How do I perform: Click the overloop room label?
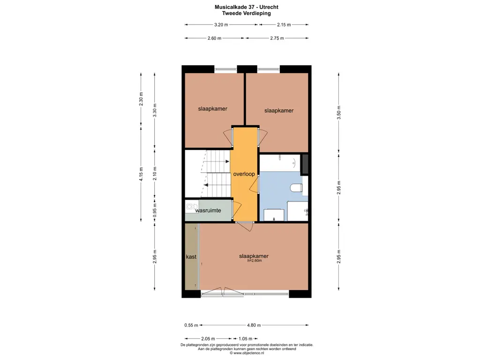(244, 174)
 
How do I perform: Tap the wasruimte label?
(208, 210)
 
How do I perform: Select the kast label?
(191, 257)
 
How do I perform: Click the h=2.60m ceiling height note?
(255, 261)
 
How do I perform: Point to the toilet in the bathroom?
(296, 187)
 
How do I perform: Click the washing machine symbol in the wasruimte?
(189, 207)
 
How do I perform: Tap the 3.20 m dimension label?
(221, 25)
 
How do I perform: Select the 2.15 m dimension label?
(284, 25)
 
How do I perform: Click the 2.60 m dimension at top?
(214, 38)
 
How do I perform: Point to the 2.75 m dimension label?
(277, 38)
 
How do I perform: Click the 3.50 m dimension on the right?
(338, 112)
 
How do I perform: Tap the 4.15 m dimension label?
(141, 174)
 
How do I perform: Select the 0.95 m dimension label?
(155, 210)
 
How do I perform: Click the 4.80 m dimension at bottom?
(254, 325)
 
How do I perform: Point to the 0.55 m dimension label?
(191, 325)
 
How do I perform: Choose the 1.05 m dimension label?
(246, 338)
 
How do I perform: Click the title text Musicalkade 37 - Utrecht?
(247, 7)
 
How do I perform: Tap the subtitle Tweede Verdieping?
(247, 14)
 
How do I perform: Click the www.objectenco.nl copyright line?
(247, 353)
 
